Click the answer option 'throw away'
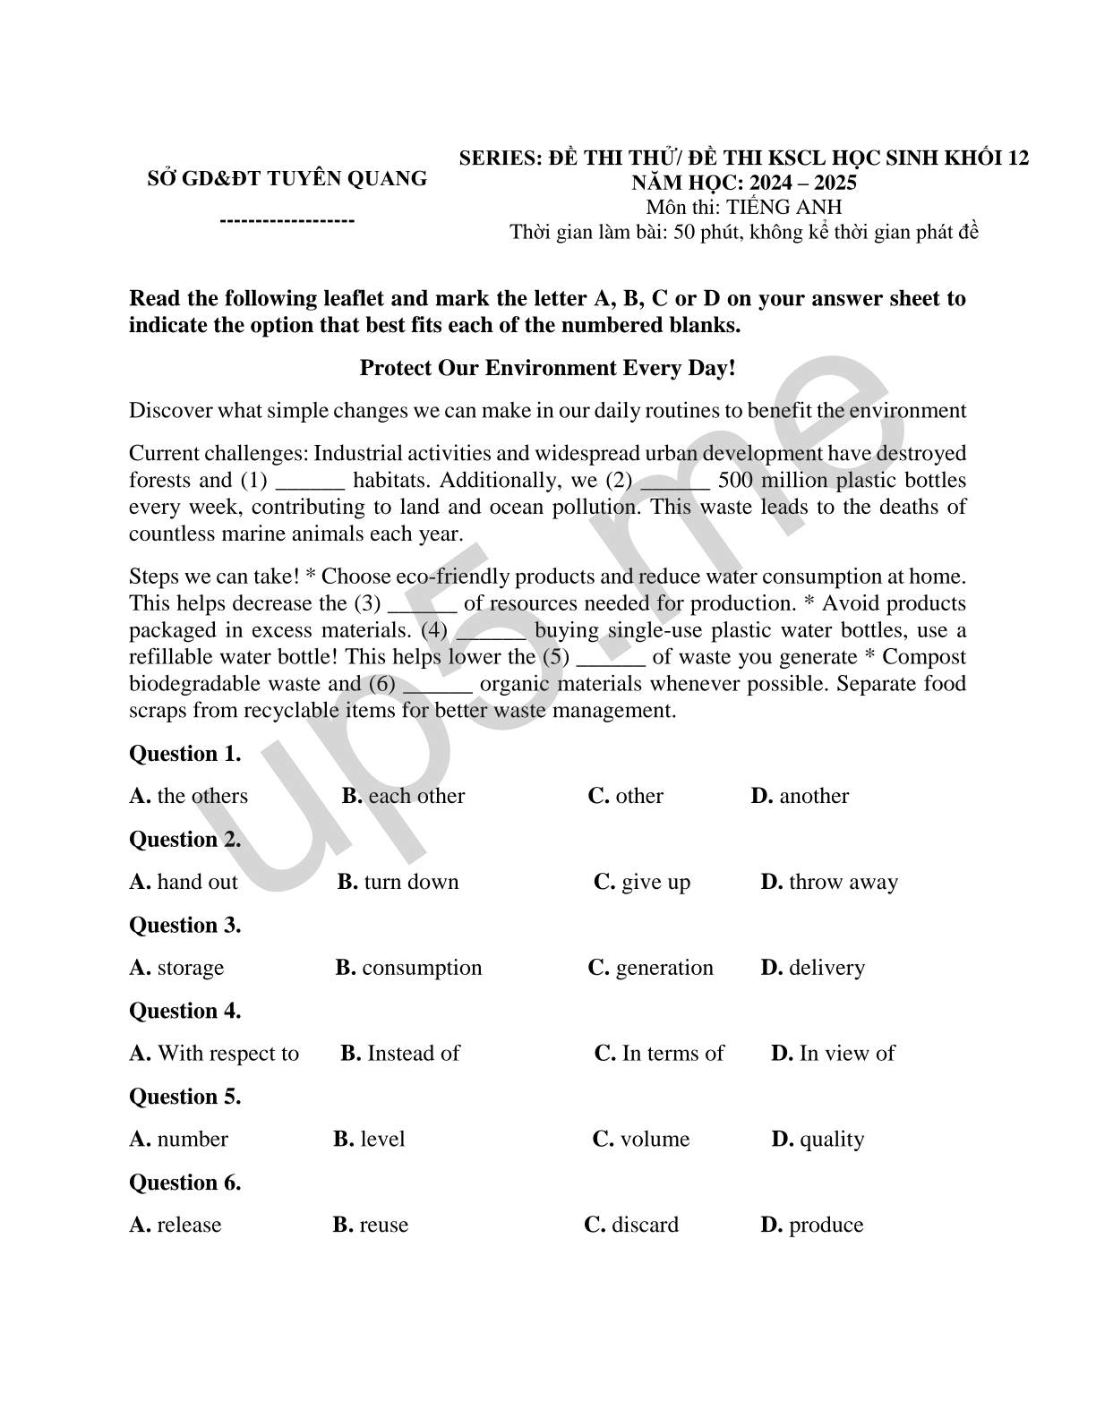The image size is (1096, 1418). coord(829,882)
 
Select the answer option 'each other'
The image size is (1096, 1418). coord(404,796)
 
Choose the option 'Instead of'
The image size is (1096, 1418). coord(400,1054)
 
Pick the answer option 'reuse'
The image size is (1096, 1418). coord(371,1225)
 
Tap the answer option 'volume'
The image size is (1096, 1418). coord(641,1140)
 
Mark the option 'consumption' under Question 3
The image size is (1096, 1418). coord(409,968)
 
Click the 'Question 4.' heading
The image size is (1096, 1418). coord(185,1011)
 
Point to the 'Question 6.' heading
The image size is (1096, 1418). coord(185,1183)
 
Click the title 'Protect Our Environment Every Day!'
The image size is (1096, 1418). coord(547,368)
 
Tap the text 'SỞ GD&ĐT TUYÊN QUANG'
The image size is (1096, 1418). coord(287,178)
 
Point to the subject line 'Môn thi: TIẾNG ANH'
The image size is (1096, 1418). coord(744,208)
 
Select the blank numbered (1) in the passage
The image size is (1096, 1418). coord(310,482)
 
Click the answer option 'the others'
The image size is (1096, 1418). coord(189,796)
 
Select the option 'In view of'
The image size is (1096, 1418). coord(833,1054)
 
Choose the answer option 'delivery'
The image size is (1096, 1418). coord(813,968)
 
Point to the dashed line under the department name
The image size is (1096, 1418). coord(287,220)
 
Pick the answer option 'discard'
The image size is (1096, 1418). coord(631,1225)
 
